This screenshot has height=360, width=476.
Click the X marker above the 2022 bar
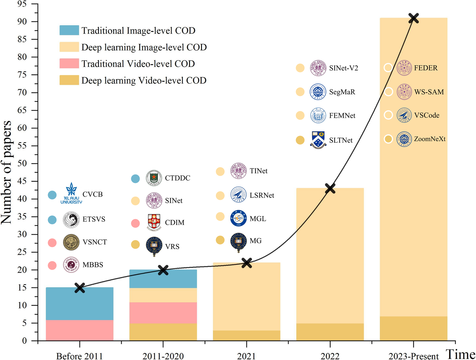(330, 189)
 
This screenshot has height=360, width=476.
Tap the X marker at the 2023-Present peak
(414, 18)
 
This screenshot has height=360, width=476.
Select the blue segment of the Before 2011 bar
(80, 303)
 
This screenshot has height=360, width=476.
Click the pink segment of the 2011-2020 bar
(163, 313)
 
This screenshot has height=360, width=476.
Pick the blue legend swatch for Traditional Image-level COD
(69, 30)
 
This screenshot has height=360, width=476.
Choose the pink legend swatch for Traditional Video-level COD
(69, 64)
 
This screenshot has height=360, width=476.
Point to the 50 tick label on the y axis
(22, 163)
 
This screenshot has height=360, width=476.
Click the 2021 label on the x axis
(246, 356)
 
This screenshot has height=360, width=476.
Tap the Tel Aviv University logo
(71, 193)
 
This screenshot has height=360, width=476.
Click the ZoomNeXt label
(429, 139)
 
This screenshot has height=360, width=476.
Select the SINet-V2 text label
(343, 68)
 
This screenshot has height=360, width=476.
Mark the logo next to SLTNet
(318, 140)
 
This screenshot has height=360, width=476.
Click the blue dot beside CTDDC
(136, 179)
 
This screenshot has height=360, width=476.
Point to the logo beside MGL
(238, 218)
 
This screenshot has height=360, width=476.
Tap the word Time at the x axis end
(460, 354)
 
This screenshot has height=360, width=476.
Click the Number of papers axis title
(7, 172)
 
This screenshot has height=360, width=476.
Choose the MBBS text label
(93, 265)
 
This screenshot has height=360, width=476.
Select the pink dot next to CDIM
(136, 223)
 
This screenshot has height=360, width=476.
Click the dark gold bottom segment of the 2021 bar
(246, 336)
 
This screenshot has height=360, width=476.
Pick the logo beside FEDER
(404, 68)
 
